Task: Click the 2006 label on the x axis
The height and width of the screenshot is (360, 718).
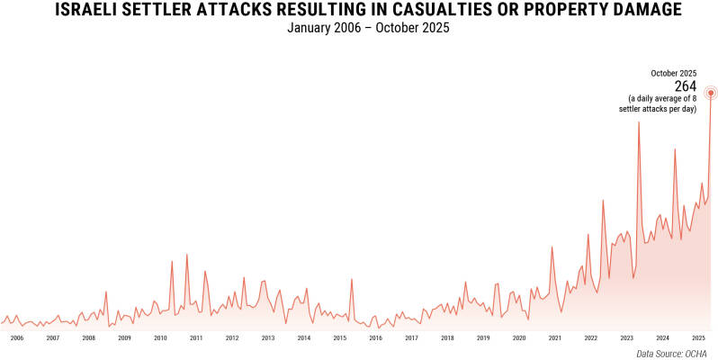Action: (x=16, y=338)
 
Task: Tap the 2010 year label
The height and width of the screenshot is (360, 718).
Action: (x=160, y=338)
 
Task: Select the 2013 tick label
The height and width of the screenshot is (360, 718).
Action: (x=268, y=338)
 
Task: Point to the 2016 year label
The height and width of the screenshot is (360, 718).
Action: (x=375, y=338)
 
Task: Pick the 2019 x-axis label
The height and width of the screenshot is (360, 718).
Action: (x=483, y=338)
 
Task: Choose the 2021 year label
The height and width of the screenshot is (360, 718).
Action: (x=555, y=338)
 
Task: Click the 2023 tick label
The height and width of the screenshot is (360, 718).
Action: (x=626, y=338)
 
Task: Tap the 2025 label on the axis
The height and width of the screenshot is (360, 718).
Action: (x=698, y=338)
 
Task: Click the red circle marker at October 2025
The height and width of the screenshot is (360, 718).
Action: (x=711, y=92)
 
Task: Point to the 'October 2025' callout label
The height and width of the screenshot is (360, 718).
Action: (x=674, y=73)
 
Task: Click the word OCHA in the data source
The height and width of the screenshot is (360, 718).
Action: (x=696, y=353)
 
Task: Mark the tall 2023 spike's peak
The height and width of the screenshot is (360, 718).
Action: (x=639, y=121)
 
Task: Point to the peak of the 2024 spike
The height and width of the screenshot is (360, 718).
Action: (x=675, y=148)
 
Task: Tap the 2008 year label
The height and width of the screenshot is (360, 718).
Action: (x=88, y=338)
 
